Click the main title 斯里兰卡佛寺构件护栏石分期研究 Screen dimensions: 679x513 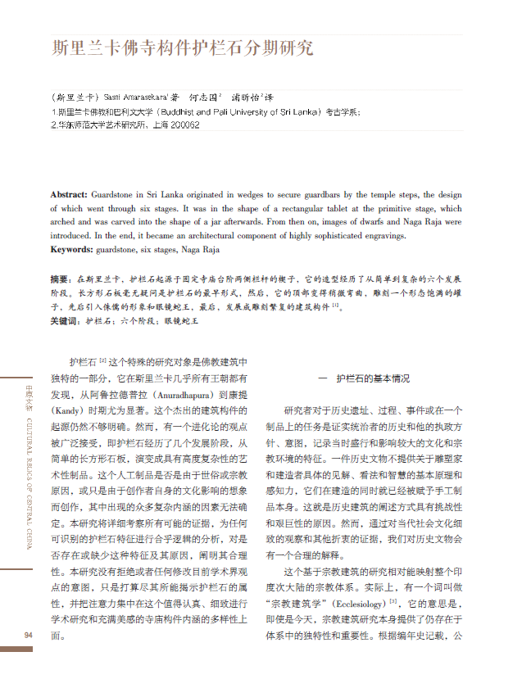[183, 48]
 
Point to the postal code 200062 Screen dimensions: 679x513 [183, 125]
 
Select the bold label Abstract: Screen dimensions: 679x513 [69, 195]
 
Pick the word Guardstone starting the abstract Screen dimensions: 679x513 [113, 195]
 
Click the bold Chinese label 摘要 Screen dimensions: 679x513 [60, 279]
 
